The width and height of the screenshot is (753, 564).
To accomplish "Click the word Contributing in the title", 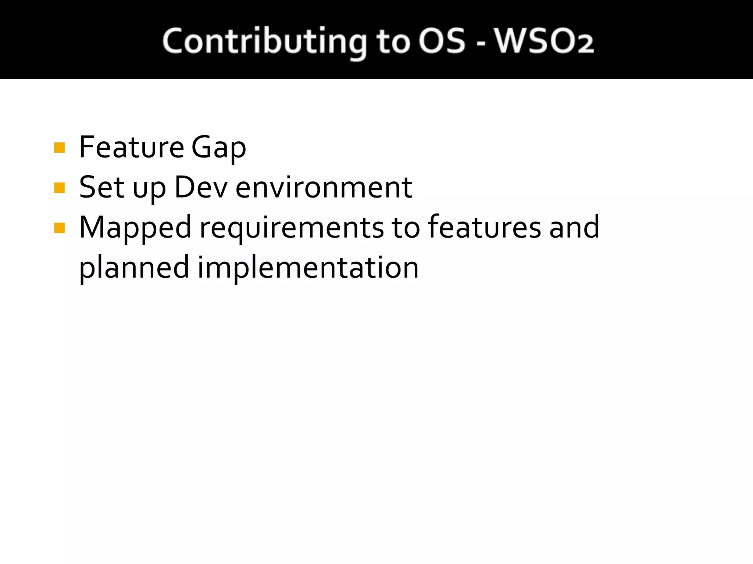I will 264,41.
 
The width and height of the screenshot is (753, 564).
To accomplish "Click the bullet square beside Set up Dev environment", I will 59,188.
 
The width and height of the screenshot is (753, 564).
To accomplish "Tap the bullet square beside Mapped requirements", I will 59,228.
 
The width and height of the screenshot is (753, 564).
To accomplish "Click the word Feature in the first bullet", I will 132,147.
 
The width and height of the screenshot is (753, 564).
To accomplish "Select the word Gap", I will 218,148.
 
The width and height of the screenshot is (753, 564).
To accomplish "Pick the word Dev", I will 201,187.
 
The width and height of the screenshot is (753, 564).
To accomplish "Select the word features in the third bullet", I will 485,227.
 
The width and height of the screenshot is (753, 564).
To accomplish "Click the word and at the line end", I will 574,227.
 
